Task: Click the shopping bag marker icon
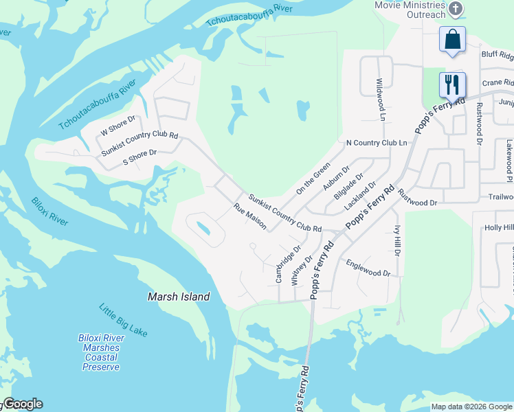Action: pos(453,40)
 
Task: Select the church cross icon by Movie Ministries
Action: pos(455,9)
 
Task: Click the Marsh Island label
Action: pos(179,297)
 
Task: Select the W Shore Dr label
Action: pos(118,127)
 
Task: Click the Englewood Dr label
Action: pos(368,268)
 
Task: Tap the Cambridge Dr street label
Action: pos(288,264)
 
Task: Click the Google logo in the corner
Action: pos(23,404)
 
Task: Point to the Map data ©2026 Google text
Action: pos(471,407)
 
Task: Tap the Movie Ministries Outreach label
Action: pos(408,10)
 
